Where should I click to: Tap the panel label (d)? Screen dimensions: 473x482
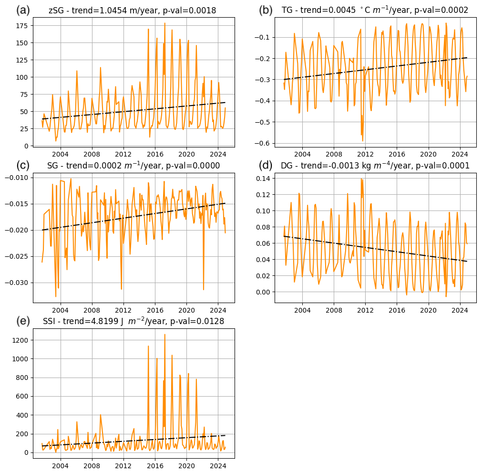point(266,165)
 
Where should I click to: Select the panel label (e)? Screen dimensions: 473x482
point(23,321)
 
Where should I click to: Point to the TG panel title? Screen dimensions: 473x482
point(375,11)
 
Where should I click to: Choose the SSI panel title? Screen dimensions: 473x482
point(133,322)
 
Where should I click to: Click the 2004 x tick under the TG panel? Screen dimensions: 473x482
point(302,154)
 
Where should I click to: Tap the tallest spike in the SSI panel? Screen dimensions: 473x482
point(165,335)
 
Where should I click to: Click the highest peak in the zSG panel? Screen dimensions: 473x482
point(165,23)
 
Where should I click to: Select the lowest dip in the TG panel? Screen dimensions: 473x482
point(362,140)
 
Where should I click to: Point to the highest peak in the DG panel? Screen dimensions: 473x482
point(361,179)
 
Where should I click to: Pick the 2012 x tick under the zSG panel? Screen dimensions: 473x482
point(123,154)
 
